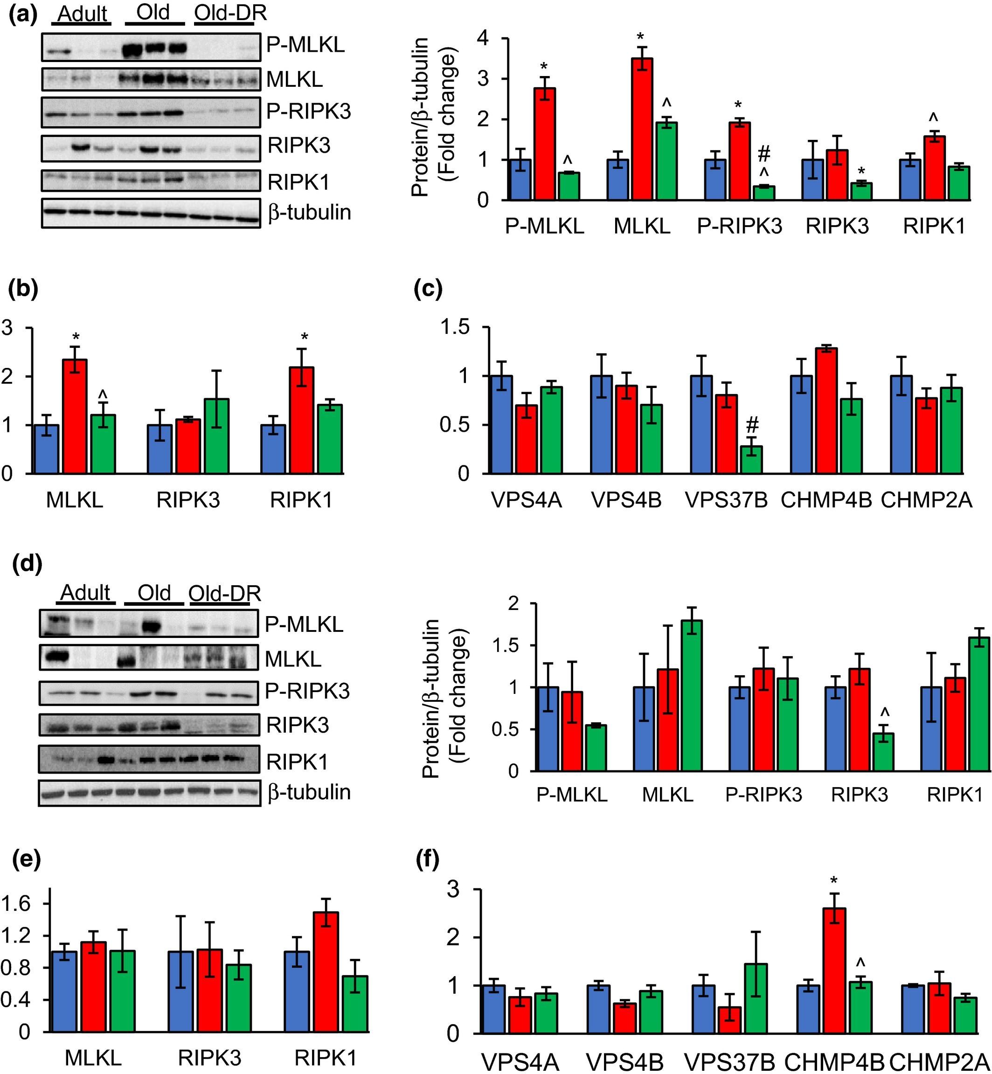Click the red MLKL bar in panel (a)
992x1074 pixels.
coord(642,129)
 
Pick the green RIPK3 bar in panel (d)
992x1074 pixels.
coord(883,752)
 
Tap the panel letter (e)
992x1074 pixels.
coord(26,859)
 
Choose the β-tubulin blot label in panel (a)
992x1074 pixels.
coord(310,213)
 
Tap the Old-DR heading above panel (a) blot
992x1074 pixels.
coord(230,13)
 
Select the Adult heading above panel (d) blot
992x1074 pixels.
coord(85,593)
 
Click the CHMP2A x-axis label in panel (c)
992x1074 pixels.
coord(927,500)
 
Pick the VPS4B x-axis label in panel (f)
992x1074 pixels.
coord(625,1062)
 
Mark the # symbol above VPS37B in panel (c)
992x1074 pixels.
coord(753,426)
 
